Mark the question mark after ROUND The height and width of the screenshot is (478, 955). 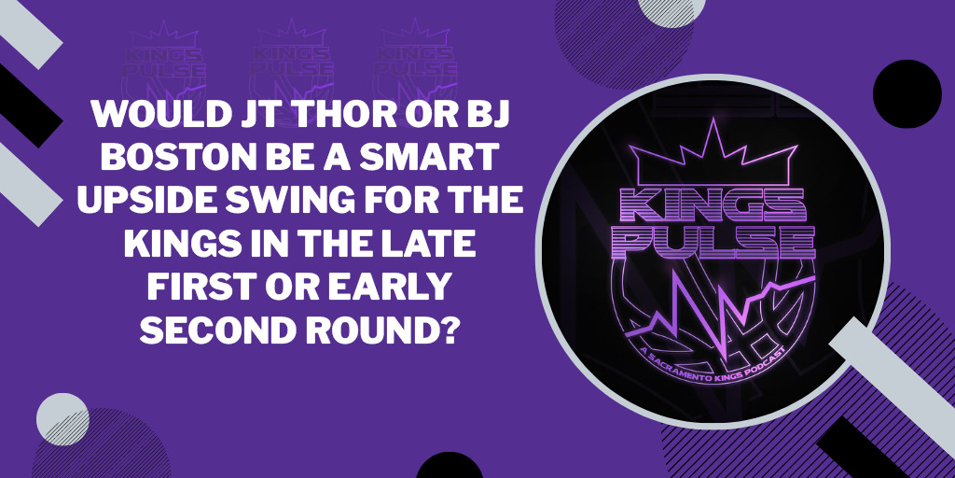[448, 330]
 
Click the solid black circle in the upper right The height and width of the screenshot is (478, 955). [907, 94]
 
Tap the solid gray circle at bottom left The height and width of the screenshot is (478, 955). [62, 419]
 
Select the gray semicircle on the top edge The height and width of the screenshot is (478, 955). [671, 12]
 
